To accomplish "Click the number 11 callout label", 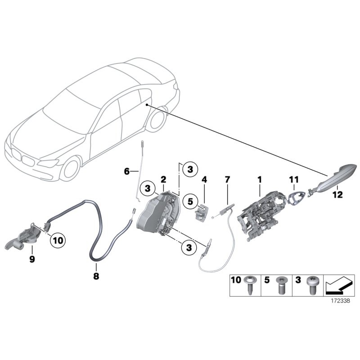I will (x=293, y=180).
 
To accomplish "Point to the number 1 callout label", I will (x=259, y=180).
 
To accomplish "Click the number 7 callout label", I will (x=227, y=180).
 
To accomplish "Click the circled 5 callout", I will (x=190, y=201).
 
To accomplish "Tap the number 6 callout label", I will (x=127, y=171).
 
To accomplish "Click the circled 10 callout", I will (x=58, y=241).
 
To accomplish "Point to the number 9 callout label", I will (x=32, y=260).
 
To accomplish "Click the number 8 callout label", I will (x=95, y=278).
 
